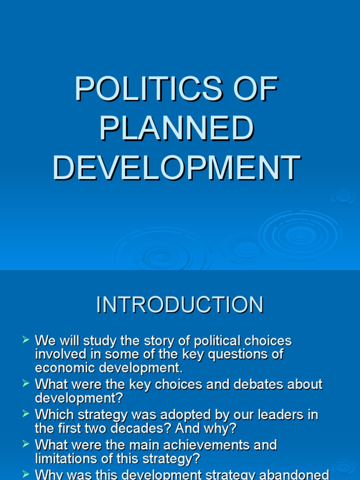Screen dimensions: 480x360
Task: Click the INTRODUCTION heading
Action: point(180,305)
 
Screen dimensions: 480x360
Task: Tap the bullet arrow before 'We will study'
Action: point(26,339)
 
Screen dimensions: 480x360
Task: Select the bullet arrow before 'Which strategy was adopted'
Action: point(26,413)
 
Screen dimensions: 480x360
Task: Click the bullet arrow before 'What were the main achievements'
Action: point(26,443)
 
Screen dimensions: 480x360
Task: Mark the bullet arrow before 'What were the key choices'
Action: point(26,383)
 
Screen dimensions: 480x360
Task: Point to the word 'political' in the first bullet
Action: point(213,341)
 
